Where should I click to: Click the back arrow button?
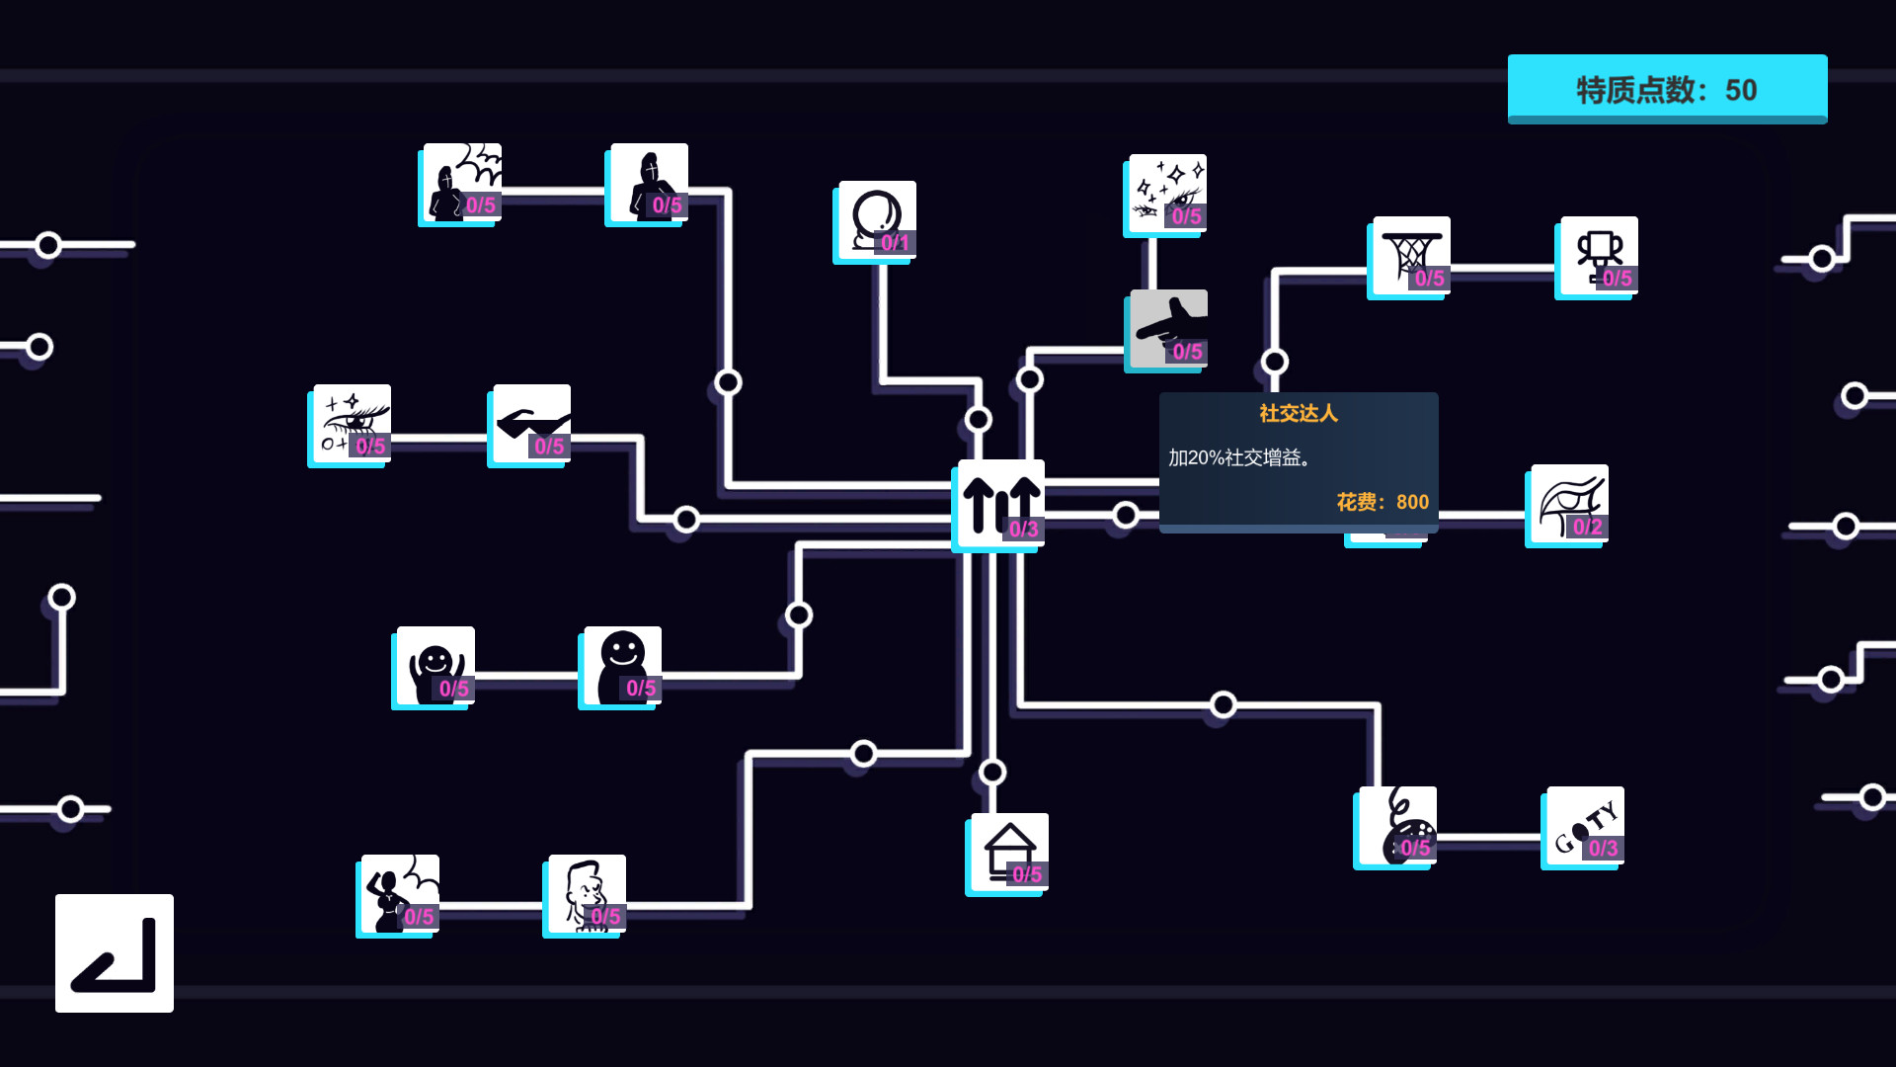click(x=114, y=953)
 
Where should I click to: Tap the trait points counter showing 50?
click(x=1667, y=89)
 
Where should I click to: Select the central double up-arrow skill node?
click(x=1000, y=504)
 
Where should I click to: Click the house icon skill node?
click(x=1008, y=853)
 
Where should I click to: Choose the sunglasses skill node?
click(x=531, y=424)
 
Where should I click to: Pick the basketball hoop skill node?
click(x=1411, y=256)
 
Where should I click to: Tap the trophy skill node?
click(x=1599, y=256)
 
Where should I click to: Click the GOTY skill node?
click(x=1585, y=826)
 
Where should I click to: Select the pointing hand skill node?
click(x=1168, y=329)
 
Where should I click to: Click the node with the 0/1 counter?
click(x=877, y=220)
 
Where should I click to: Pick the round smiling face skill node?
click(x=622, y=666)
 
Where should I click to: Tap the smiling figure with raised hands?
click(x=435, y=666)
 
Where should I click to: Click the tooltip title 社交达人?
click(x=1298, y=414)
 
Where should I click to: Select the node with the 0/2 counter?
click(x=1569, y=504)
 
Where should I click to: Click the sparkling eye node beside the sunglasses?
click(x=352, y=424)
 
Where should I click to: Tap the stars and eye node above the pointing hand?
click(x=1167, y=194)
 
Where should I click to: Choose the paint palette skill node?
click(x=1397, y=826)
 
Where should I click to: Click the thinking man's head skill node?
click(x=587, y=894)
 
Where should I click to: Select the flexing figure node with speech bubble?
click(x=400, y=894)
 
